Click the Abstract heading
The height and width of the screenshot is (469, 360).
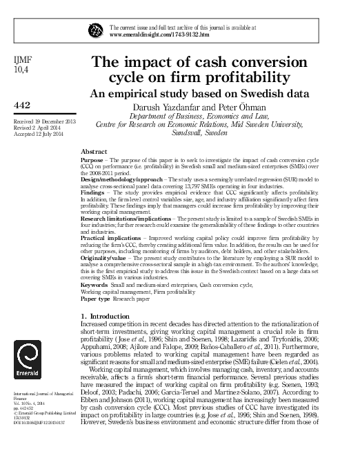94,150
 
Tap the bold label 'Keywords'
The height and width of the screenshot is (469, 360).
95,286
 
